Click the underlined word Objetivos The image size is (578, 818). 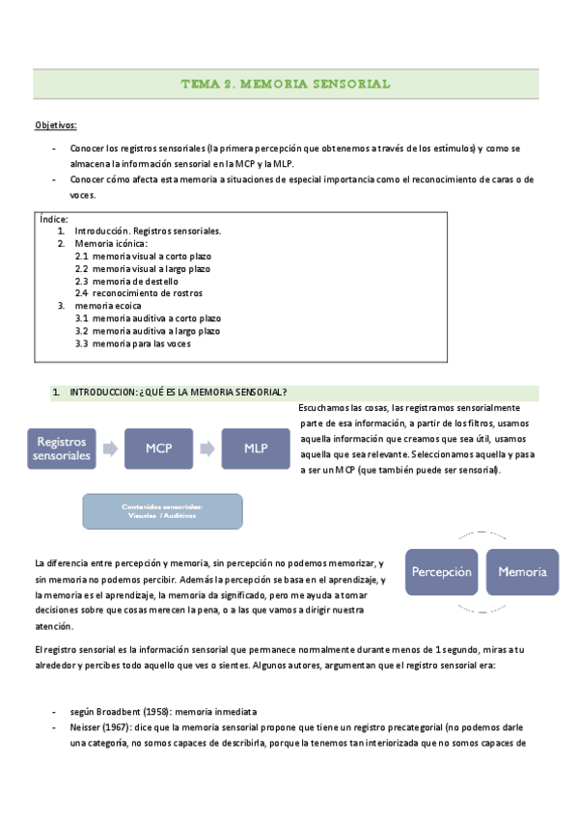tap(56, 126)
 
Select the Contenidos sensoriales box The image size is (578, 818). tap(162, 510)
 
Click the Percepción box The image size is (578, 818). tap(442, 571)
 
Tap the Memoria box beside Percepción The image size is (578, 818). tap(522, 571)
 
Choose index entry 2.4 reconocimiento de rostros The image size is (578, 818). tap(139, 292)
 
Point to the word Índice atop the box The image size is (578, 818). tap(54, 220)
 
